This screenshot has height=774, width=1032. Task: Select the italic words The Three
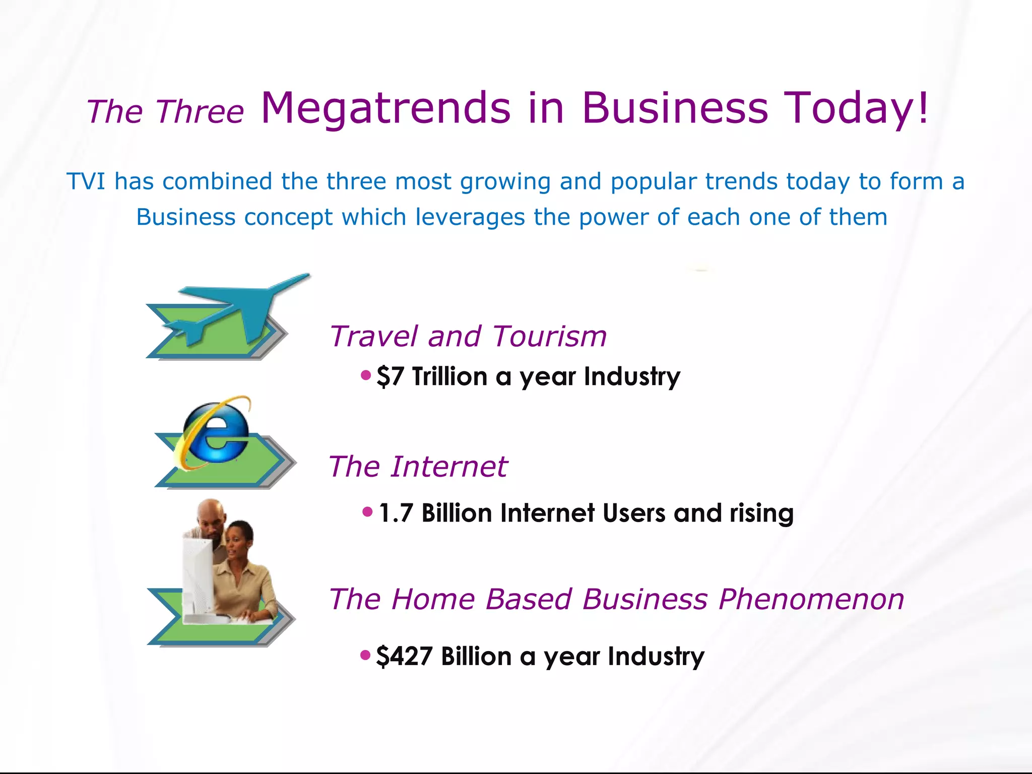pos(165,111)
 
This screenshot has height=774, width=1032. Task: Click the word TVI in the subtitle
pos(86,181)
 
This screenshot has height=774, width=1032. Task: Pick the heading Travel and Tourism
pos(468,336)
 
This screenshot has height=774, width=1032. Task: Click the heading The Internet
pos(417,466)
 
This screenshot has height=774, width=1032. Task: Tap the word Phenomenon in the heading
pos(811,599)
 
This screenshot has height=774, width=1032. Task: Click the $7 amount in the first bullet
pos(390,376)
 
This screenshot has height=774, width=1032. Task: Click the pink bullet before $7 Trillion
pos(366,375)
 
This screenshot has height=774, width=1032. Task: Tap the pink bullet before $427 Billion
pos(366,655)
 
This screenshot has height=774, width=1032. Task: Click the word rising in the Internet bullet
pos(761,513)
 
